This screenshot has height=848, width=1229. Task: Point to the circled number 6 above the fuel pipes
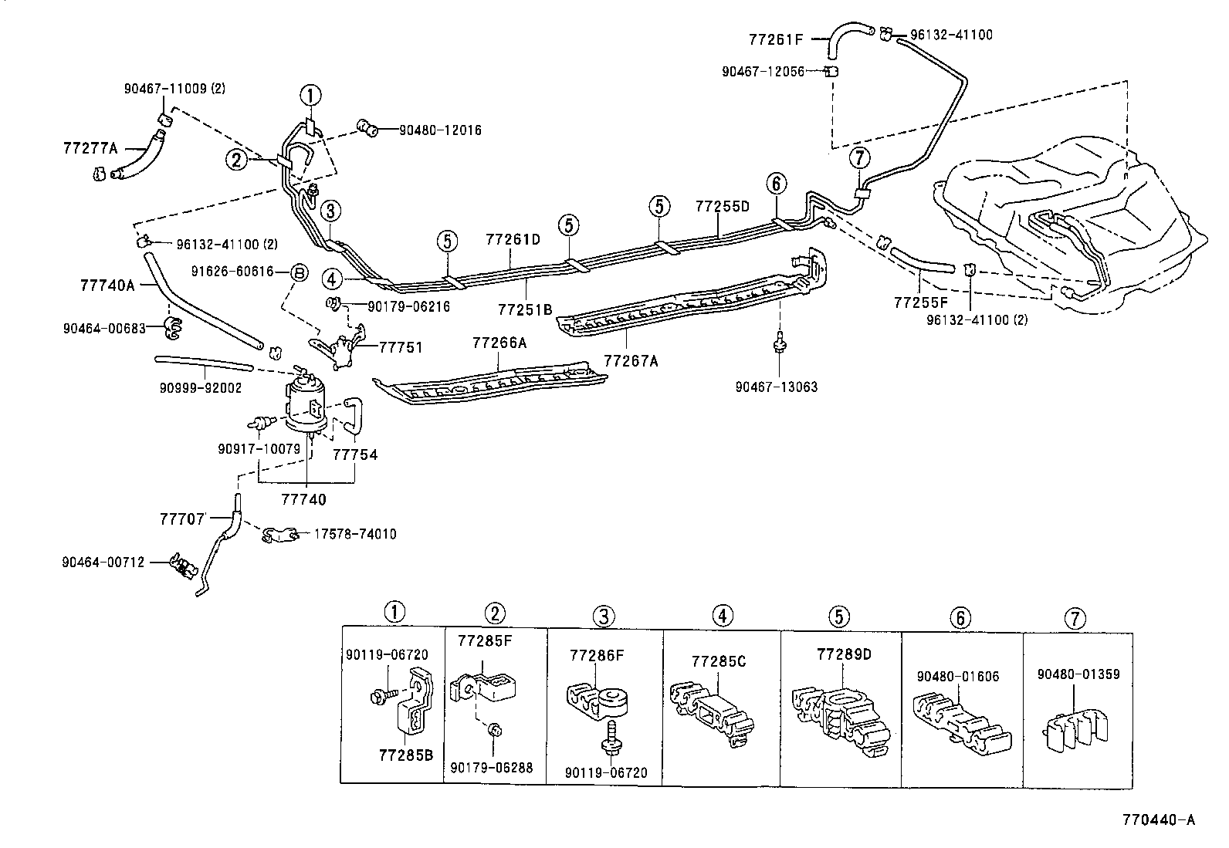pos(777,184)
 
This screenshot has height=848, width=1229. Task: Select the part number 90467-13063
pos(776,387)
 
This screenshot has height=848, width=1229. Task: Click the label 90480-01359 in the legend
pos(1078,674)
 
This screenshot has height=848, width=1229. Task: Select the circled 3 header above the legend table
pos(604,615)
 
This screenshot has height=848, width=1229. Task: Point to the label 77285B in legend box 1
pos(405,754)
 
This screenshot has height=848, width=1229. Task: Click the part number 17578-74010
pos(354,534)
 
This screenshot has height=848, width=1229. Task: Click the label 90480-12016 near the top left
pos(440,130)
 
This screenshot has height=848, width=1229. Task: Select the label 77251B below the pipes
pos(525,309)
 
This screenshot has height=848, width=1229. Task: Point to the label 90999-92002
pos(201,387)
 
